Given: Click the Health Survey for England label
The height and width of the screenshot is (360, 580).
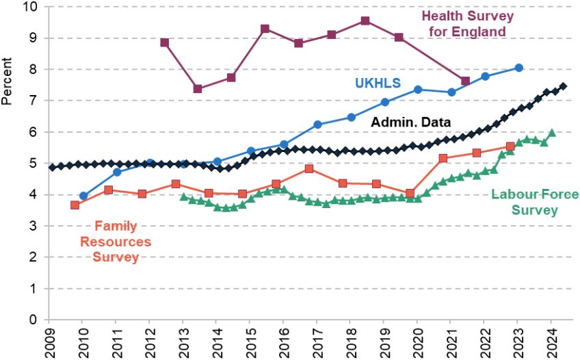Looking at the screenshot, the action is [468, 24].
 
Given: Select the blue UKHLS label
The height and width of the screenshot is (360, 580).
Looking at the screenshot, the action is [378, 83].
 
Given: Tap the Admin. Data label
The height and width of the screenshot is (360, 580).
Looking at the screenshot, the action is [410, 122].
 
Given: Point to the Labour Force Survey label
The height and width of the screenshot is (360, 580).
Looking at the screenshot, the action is [534, 202].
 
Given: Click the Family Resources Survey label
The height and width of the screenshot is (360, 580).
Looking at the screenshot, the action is [116, 241].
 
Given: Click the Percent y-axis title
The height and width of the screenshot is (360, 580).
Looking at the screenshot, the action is [7, 81].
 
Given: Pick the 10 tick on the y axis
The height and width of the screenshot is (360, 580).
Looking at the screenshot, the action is [31, 7].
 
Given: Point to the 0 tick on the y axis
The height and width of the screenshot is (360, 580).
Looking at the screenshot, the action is [34, 320].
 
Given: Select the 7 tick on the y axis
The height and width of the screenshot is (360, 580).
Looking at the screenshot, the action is [34, 101].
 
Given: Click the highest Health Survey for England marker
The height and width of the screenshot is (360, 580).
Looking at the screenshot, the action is [365, 21].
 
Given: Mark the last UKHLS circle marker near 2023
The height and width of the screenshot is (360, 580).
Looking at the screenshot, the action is [519, 68].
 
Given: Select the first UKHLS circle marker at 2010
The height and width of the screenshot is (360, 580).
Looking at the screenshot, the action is [83, 196].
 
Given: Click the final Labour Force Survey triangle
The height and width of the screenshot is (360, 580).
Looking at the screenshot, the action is [552, 133].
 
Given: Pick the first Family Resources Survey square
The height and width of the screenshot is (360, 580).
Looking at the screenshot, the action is [75, 205].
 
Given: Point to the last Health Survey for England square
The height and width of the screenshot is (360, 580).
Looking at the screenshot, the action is [465, 81].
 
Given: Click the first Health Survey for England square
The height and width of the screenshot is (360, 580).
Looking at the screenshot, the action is [165, 42].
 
